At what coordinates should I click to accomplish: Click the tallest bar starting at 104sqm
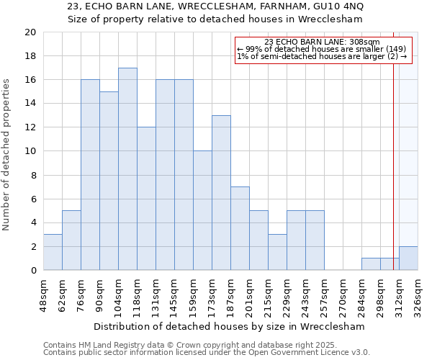[127, 169]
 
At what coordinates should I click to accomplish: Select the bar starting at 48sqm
[53, 252]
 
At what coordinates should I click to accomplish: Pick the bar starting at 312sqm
[408, 258]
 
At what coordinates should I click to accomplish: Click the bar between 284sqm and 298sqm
[371, 264]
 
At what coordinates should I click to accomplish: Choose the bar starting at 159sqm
[202, 211]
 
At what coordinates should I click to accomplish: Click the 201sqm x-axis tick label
[250, 296]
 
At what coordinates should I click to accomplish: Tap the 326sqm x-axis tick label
[418, 296]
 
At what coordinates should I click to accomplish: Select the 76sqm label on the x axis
[81, 296]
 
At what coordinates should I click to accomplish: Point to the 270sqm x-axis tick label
[343, 296]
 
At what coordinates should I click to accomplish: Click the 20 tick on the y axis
[30, 32]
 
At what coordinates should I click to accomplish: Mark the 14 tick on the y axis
[30, 104]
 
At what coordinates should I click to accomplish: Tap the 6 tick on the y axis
[32, 199]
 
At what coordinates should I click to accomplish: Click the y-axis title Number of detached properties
[8, 151]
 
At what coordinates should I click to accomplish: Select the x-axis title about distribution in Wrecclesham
[228, 326]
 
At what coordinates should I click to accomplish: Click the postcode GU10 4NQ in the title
[338, 6]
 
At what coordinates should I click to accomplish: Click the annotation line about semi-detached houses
[322, 56]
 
